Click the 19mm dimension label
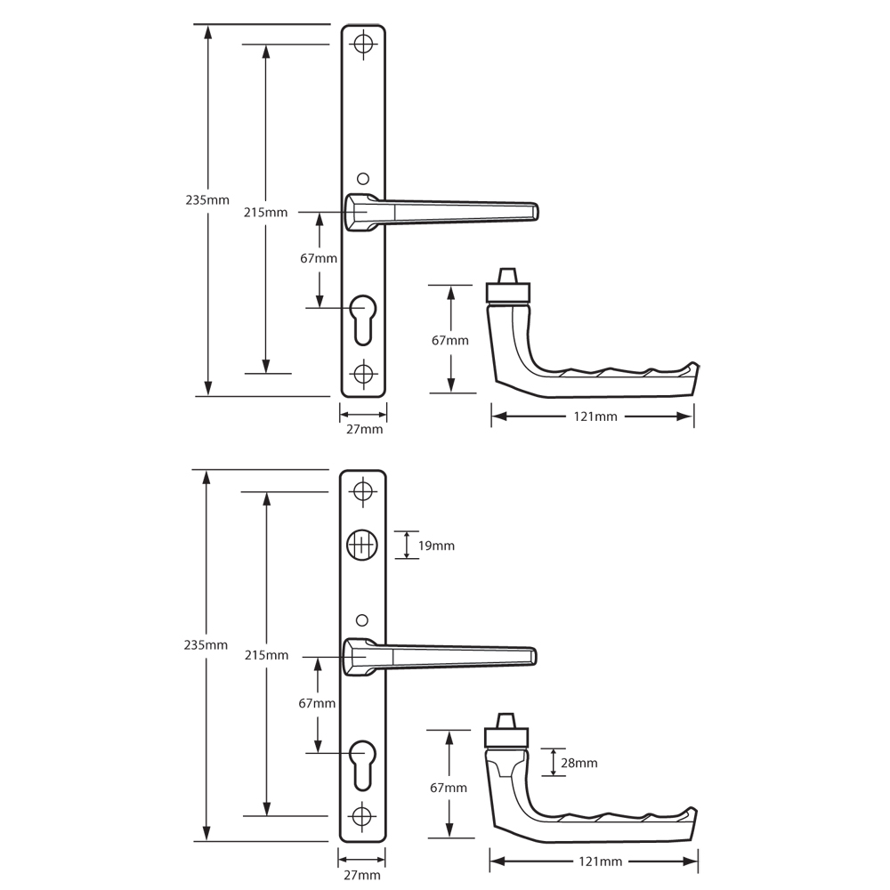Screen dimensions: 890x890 click(x=436, y=545)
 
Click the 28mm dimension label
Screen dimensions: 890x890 click(x=579, y=763)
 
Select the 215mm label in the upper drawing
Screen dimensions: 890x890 click(x=265, y=212)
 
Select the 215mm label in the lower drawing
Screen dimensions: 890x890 click(x=266, y=655)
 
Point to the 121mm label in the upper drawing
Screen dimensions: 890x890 click(x=594, y=417)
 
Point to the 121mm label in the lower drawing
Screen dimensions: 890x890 click(x=595, y=862)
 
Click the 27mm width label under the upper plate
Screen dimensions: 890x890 click(x=364, y=430)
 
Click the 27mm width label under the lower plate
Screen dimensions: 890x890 click(x=363, y=875)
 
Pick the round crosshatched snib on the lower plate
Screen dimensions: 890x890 click(x=362, y=545)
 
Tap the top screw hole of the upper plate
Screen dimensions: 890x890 click(x=363, y=44)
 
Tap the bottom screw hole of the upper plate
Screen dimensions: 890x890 click(x=363, y=373)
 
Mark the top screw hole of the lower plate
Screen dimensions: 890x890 click(x=362, y=490)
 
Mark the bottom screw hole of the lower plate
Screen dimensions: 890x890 click(x=362, y=815)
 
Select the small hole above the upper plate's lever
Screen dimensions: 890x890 click(x=361, y=177)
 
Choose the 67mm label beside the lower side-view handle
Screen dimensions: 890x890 click(x=449, y=788)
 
